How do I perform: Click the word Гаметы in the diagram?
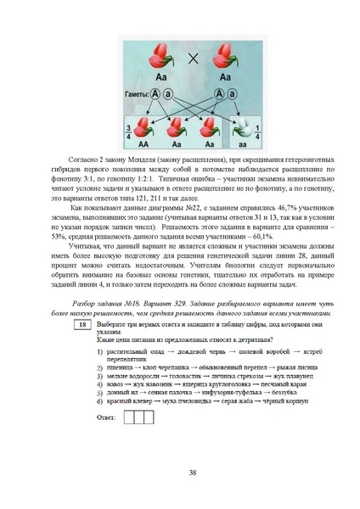(138, 92)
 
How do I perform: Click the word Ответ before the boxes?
(107, 417)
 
